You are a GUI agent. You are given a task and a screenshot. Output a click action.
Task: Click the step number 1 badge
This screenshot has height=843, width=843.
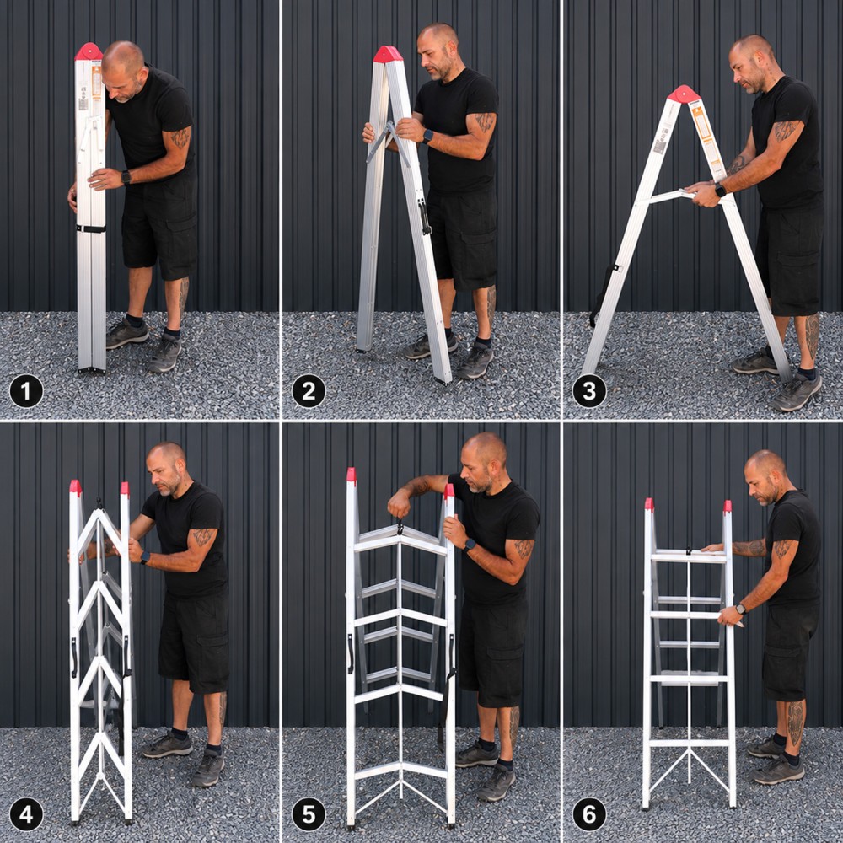(26, 391)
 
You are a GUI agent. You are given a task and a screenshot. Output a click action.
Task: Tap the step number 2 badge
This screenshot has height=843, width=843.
(309, 391)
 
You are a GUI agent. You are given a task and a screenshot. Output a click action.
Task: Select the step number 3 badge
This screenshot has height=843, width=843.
(589, 391)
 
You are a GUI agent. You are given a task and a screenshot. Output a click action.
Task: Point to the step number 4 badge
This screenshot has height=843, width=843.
(26, 814)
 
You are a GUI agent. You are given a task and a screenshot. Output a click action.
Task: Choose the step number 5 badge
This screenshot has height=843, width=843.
(309, 814)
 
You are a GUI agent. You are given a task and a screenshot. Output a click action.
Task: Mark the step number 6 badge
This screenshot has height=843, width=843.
(589, 814)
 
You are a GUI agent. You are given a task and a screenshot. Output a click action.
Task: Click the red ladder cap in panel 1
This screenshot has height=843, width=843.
(89, 51)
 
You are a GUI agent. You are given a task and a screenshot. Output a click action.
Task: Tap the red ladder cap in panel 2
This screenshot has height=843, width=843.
(388, 54)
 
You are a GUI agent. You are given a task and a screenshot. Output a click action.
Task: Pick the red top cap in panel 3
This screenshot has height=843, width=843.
(684, 94)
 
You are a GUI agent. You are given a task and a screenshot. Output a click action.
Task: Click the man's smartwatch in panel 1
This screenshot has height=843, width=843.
(126, 177)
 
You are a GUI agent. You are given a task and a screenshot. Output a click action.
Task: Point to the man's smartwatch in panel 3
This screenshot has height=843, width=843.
(720, 190)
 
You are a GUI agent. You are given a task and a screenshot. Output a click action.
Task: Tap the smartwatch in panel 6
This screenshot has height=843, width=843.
(741, 609)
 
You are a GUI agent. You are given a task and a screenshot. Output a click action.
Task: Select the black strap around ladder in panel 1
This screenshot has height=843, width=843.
(91, 229)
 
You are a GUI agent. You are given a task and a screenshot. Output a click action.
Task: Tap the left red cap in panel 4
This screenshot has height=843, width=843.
(75, 488)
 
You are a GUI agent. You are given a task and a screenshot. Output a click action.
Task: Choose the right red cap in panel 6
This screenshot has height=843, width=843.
(728, 507)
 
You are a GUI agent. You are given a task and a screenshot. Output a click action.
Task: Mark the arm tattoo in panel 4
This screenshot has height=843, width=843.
(203, 536)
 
